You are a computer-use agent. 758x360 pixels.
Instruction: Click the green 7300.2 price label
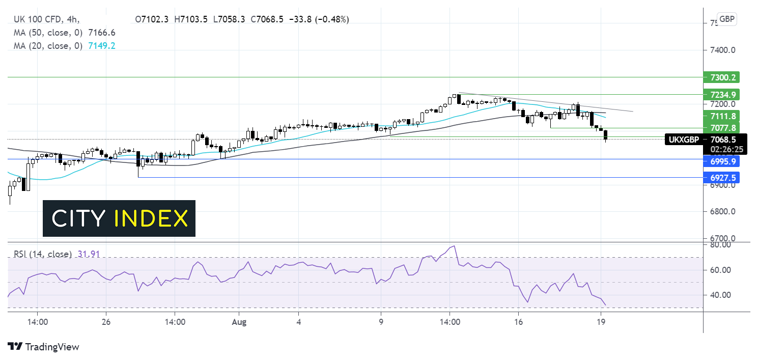722,77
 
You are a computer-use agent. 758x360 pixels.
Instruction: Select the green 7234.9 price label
722,94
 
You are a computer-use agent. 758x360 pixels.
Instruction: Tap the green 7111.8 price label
722,116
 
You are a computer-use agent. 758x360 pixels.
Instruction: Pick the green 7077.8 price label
722,127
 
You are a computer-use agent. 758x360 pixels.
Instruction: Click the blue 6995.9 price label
722,160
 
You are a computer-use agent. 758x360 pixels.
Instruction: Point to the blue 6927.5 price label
722,177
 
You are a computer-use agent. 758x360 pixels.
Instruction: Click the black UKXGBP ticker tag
684,139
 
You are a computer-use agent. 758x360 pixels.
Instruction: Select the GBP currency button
726,19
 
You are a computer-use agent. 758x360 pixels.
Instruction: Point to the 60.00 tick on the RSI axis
718,270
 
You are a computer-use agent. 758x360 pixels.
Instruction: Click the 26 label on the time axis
106,322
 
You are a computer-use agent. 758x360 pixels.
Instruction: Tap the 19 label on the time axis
601,322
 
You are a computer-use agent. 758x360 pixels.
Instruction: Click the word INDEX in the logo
151,218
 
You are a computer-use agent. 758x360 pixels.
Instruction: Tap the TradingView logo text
52,347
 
